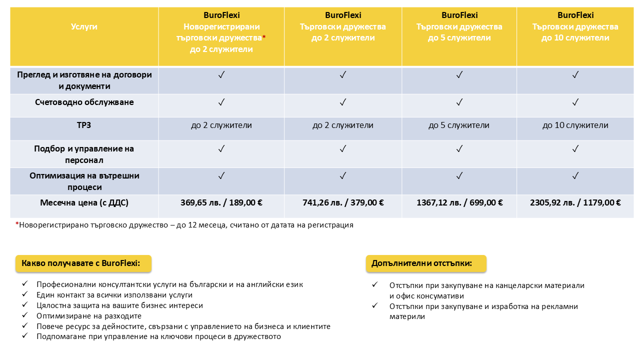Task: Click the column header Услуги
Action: [x=84, y=26]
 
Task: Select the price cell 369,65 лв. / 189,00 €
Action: [x=221, y=203]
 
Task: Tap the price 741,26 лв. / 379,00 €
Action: [x=343, y=203]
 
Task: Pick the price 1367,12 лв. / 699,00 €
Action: [x=459, y=203]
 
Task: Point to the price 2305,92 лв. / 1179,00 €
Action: [x=575, y=203]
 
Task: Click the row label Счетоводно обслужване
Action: [x=84, y=102]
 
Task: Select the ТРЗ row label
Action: [x=84, y=125]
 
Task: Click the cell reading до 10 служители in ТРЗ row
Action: [x=575, y=125]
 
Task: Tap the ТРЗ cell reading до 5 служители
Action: [x=459, y=125]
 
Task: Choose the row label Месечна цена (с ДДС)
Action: [x=84, y=203]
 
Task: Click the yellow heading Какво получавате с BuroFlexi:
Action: [x=83, y=263]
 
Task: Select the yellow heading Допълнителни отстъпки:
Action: [x=426, y=263]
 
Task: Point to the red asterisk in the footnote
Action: [x=17, y=224]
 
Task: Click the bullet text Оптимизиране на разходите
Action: [x=89, y=316]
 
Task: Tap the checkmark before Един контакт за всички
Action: [x=25, y=295]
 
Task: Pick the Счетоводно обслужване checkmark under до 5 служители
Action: [x=459, y=102]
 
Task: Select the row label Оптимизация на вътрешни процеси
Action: [x=84, y=181]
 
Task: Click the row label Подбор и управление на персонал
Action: [x=84, y=154]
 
